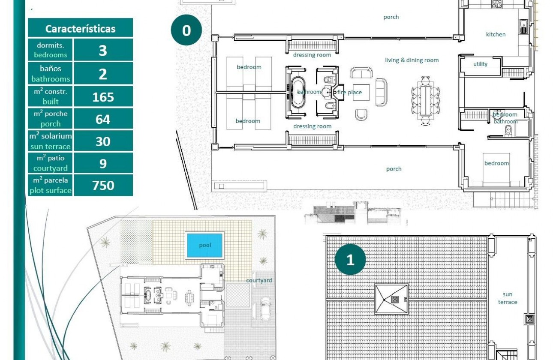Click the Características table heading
click(x=80, y=29)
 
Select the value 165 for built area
click(x=103, y=97)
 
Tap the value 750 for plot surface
click(x=103, y=185)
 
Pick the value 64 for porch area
click(x=103, y=119)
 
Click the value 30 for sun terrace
click(x=103, y=141)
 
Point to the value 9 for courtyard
click(x=103, y=163)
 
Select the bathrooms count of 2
click(x=103, y=74)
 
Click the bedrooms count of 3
click(x=103, y=50)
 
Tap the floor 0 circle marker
click(x=186, y=30)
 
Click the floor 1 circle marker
click(x=350, y=260)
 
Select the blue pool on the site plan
click(x=204, y=245)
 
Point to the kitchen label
click(x=496, y=34)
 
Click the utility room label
click(x=480, y=64)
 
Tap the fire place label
click(x=350, y=92)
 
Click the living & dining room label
click(x=412, y=60)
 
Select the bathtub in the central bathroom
click(x=298, y=92)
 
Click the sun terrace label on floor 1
click(x=508, y=298)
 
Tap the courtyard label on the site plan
click(x=259, y=280)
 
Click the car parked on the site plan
click(x=265, y=308)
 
